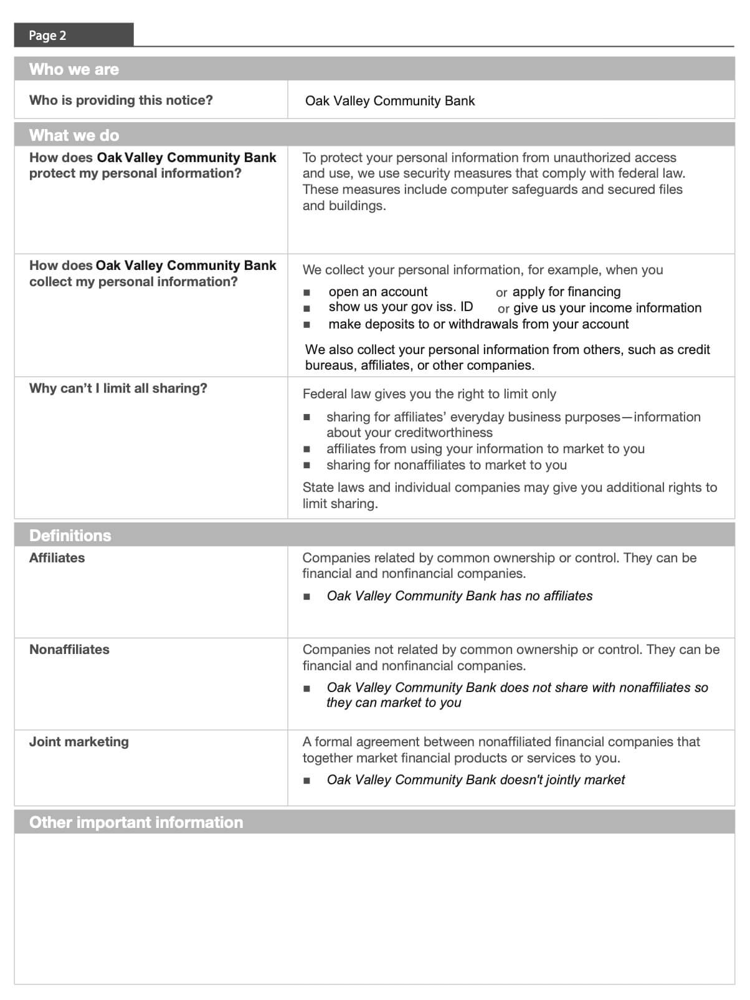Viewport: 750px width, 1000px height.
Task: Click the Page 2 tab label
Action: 47,36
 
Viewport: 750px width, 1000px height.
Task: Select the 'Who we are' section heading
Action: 74,69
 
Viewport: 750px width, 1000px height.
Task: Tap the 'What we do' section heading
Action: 74,135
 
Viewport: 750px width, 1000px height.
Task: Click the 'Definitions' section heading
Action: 70,536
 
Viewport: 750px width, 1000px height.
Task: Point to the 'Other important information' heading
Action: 136,822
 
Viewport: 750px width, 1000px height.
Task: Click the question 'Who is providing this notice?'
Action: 121,100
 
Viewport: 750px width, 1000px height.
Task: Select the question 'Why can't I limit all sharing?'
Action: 118,388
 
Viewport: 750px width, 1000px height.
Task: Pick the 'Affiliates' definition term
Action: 57,558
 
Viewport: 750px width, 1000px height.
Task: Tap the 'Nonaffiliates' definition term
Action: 69,650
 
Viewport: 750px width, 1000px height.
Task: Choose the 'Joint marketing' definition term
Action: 79,742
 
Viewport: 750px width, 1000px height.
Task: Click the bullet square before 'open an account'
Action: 306,292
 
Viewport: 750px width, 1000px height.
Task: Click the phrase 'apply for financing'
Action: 566,292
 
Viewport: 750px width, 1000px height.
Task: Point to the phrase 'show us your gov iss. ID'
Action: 401,307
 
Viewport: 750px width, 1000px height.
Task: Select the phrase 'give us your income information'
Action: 607,308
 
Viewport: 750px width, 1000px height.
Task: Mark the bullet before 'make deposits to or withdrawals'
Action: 306,325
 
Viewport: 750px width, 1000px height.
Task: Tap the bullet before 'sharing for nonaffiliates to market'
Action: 306,465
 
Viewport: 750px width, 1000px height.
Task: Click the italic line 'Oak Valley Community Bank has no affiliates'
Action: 459,596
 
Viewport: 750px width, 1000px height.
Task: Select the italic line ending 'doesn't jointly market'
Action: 475,780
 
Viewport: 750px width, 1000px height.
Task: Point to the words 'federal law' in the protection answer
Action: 651,173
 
